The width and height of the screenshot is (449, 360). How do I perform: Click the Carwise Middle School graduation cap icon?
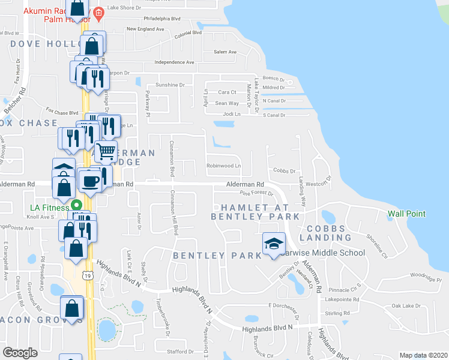(x=273, y=244)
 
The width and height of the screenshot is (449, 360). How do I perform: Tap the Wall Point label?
(x=406, y=214)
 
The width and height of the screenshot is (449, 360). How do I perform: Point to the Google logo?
(x=20, y=353)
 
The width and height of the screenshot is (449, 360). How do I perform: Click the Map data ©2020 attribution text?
(x=423, y=355)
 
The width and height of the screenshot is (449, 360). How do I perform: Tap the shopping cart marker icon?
(x=106, y=152)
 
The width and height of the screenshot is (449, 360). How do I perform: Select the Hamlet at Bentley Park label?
(x=255, y=211)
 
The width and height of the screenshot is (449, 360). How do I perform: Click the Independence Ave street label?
(x=174, y=62)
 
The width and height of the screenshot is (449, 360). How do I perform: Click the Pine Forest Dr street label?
(x=256, y=193)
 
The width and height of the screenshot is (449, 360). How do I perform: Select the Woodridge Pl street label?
(x=426, y=277)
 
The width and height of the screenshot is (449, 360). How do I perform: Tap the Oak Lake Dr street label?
(x=404, y=306)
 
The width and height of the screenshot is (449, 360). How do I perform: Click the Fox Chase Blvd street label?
(x=62, y=112)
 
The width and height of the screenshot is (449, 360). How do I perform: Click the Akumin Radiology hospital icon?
(x=98, y=12)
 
